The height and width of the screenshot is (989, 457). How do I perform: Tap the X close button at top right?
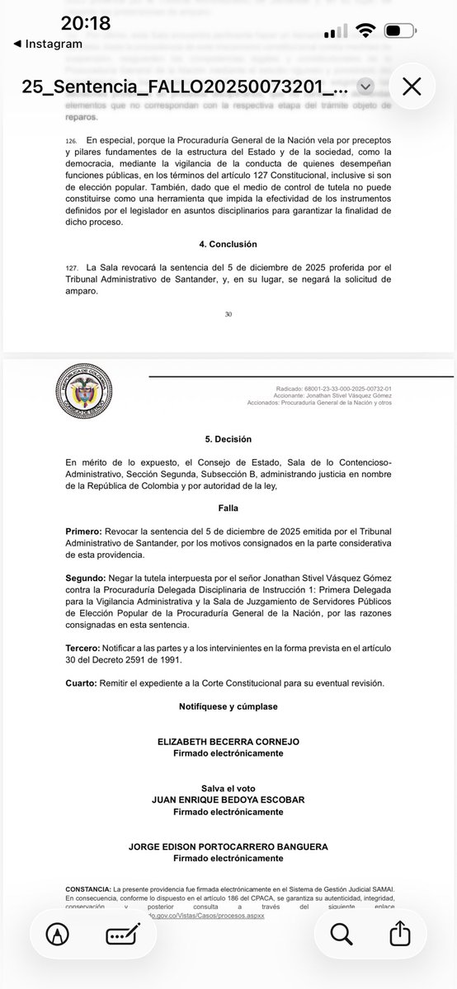[x=412, y=87]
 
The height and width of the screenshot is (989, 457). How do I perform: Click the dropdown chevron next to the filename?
[x=366, y=87]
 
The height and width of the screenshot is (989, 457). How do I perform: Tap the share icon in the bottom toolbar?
[x=398, y=933]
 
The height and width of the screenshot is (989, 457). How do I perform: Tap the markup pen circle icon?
[x=57, y=934]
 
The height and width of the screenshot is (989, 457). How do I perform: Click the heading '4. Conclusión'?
[x=228, y=244]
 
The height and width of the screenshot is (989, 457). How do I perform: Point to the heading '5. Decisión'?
[x=228, y=439]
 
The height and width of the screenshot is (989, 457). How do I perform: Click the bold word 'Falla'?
[x=228, y=509]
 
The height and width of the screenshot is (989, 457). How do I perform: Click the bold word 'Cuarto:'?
[x=83, y=684]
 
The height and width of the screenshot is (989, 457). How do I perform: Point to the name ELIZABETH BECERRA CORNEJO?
[x=228, y=742]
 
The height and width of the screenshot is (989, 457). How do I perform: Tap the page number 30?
[x=228, y=313]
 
